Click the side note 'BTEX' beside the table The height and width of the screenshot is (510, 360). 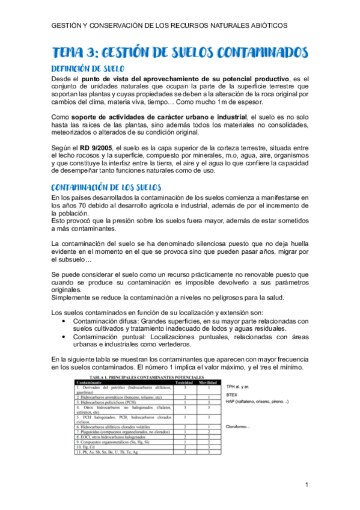click(232, 395)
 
